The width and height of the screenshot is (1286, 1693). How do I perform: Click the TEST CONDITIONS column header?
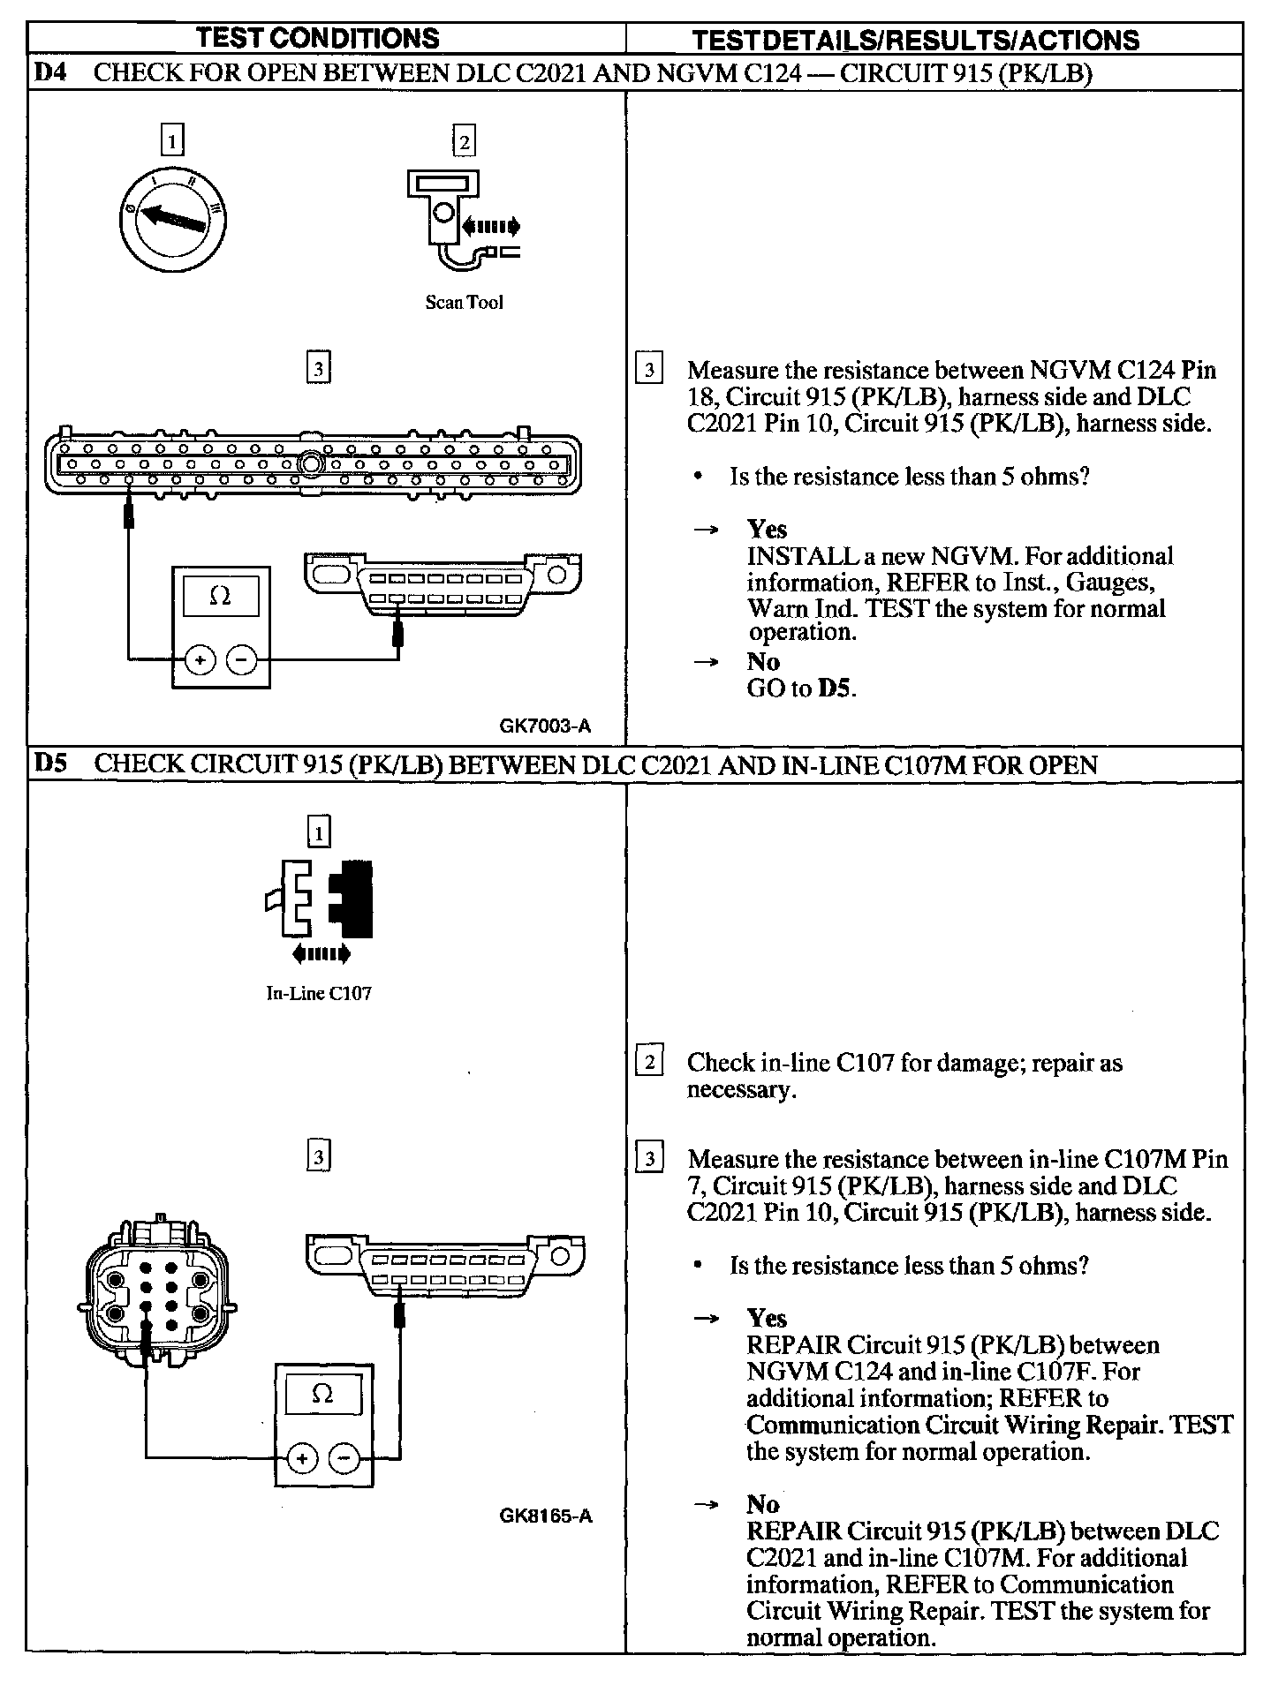(318, 38)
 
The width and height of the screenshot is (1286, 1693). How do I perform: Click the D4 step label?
(50, 73)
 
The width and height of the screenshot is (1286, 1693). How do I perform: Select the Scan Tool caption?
(464, 303)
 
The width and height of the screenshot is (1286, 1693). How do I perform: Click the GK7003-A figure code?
(545, 726)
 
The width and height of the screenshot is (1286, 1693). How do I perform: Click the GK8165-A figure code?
(545, 1516)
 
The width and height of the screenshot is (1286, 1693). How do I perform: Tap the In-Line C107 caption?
(319, 993)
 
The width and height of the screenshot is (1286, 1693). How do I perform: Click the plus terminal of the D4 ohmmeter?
(200, 659)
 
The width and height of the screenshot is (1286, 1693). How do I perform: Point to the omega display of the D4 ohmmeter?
(221, 597)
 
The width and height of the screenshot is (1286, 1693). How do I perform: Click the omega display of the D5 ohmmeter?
(323, 1395)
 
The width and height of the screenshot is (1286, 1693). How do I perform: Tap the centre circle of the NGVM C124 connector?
(310, 463)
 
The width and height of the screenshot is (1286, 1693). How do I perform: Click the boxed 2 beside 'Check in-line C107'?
(649, 1062)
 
